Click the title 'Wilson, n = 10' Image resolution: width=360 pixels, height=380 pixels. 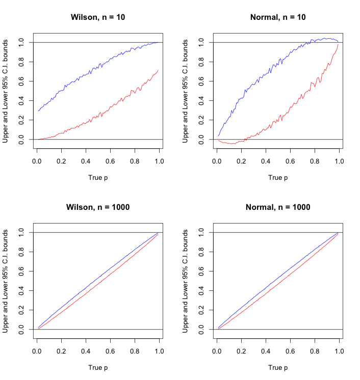pyautogui.click(x=97, y=17)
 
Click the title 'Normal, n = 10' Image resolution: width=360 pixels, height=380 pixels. pyautogui.click(x=278, y=17)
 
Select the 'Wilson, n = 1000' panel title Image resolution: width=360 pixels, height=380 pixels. pyautogui.click(x=97, y=207)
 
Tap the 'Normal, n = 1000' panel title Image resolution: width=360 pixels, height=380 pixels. pyautogui.click(x=278, y=207)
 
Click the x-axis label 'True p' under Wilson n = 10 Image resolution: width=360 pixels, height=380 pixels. pyautogui.click(x=97, y=178)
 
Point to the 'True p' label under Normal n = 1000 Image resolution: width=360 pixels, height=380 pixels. pyautogui.click(x=278, y=367)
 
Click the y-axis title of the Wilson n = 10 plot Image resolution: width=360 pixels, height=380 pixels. pyautogui.click(x=6, y=91)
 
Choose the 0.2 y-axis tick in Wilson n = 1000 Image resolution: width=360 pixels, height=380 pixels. pyautogui.click(x=21, y=310)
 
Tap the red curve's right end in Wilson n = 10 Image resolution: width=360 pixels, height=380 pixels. pyautogui.click(x=158, y=70)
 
